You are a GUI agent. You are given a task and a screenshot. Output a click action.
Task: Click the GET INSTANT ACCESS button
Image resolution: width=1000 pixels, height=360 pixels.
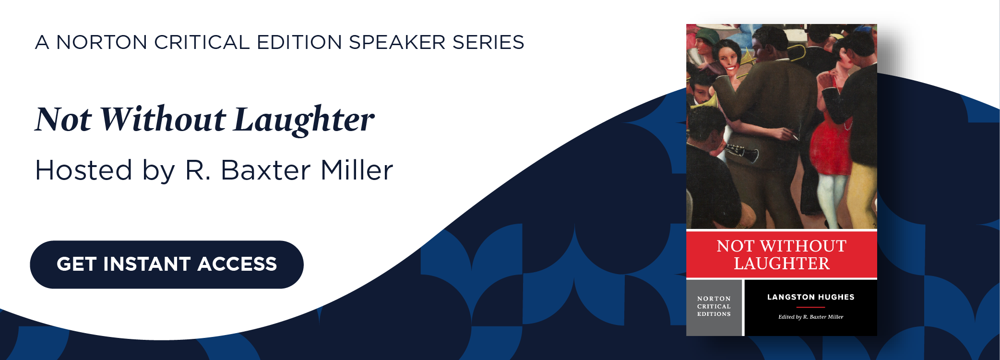167,264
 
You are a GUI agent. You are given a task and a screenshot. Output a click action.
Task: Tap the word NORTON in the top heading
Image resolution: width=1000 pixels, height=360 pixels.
102,42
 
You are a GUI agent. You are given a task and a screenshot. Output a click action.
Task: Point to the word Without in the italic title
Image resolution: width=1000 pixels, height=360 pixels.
163,119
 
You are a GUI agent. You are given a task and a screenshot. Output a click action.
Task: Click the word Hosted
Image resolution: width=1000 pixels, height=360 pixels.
83,170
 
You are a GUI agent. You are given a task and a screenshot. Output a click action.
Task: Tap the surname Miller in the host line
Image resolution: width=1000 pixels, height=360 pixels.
357,170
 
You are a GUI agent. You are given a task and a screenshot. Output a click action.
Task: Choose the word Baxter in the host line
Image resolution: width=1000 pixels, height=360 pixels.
265,170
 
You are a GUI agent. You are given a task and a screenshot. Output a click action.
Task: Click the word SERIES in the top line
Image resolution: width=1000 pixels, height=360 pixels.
488,42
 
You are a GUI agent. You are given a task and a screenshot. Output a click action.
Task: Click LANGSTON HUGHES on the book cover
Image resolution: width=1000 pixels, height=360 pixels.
810,297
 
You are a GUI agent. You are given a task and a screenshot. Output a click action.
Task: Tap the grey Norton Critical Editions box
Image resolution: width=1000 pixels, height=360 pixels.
714,307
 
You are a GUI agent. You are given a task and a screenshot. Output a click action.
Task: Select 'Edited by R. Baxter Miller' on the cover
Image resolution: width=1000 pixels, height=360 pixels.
810,317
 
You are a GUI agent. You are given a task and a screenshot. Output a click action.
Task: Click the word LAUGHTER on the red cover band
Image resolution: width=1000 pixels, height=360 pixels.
781,264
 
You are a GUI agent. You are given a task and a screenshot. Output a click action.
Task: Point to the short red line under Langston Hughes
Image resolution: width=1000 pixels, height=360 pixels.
810,307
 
